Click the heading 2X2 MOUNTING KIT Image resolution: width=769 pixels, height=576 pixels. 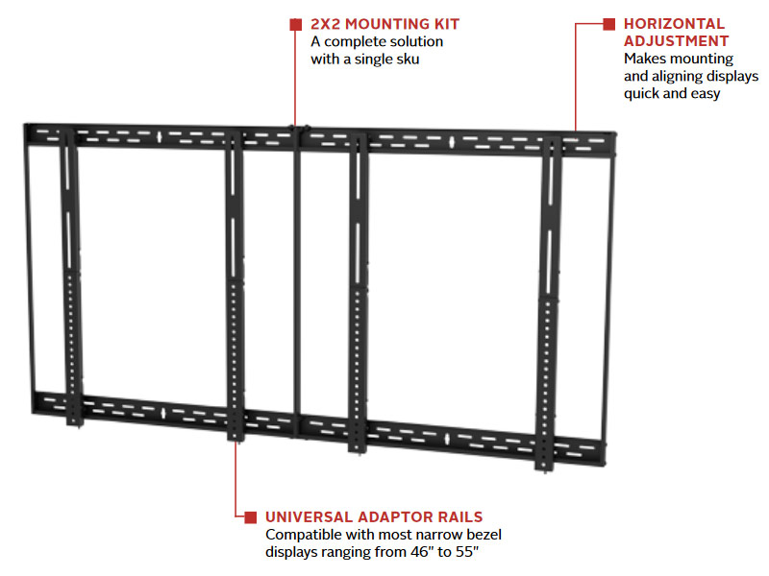point(384,24)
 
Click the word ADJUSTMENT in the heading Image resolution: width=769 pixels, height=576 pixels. point(676,41)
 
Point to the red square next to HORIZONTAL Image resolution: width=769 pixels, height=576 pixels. point(608,24)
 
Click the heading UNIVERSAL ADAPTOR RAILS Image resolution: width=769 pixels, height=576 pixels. point(374,516)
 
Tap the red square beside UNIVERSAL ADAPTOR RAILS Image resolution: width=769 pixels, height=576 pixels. point(251,516)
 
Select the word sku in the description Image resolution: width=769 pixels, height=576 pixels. point(408,60)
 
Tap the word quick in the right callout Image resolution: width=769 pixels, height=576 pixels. point(643,93)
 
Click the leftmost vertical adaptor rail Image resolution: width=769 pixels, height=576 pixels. point(70,278)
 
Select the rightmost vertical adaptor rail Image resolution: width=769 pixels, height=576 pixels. point(551,288)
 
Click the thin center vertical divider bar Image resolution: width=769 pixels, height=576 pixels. point(297,278)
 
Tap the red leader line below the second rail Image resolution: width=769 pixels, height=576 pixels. point(236,480)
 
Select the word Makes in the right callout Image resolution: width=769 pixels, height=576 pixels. point(645,59)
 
